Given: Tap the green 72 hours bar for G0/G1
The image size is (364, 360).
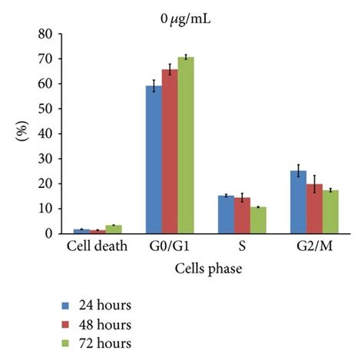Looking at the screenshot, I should (x=185, y=145).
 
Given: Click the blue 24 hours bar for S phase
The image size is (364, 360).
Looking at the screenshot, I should (x=226, y=214).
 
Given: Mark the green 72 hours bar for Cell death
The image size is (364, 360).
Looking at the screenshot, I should (x=114, y=229).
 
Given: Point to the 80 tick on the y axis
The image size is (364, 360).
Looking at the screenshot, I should (x=50, y=34).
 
